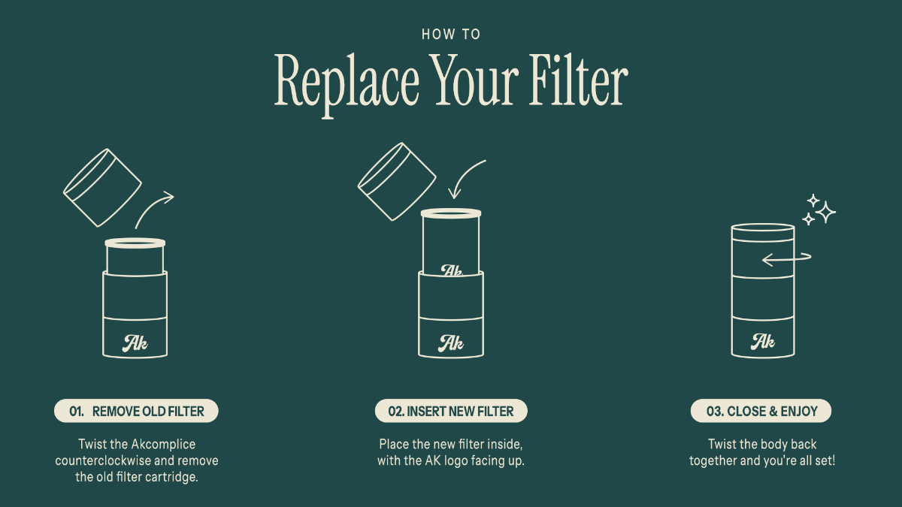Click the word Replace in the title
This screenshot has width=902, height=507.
pos(347,82)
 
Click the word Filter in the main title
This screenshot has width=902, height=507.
pos(578,80)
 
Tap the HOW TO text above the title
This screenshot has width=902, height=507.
pos(451,35)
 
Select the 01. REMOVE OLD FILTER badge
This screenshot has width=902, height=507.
pos(136,411)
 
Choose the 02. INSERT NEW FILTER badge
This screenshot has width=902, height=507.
pos(451,411)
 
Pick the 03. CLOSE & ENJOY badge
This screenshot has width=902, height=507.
pos(761,411)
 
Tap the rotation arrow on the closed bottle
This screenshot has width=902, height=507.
pos(786,258)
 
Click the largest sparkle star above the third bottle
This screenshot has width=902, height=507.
pos(825,212)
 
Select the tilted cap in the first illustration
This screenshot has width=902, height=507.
pos(102,188)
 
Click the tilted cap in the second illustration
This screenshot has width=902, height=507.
pos(397,182)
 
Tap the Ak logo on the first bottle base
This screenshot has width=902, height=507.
pos(135,343)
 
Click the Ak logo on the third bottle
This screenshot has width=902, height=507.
pos(763,342)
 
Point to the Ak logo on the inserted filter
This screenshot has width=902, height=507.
pos(452,270)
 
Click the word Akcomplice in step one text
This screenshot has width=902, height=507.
pos(163,444)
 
